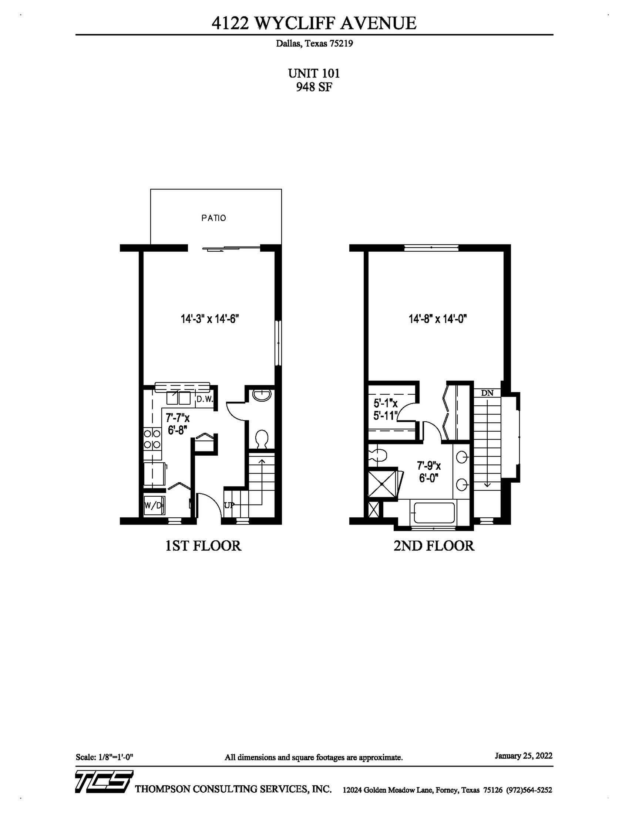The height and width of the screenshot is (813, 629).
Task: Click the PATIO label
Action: [213, 218]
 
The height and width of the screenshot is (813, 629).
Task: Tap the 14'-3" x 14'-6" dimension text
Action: [210, 319]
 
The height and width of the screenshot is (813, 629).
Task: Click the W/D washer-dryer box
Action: [154, 506]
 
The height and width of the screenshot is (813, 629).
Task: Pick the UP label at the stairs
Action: [229, 505]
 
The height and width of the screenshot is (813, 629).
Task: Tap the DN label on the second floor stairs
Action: [487, 393]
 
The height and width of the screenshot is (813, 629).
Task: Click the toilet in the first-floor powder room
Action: [262, 439]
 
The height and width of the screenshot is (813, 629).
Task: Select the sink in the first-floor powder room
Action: [262, 395]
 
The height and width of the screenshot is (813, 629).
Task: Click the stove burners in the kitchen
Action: [152, 439]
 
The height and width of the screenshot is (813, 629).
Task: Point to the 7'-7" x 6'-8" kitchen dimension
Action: [178, 424]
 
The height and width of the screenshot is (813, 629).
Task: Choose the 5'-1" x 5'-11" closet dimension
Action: [386, 409]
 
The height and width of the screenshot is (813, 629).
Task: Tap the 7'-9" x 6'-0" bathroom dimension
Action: [429, 471]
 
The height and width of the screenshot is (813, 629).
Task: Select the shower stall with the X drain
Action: [383, 484]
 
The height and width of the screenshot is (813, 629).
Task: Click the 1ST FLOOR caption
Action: [203, 546]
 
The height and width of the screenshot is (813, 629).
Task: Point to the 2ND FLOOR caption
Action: [434, 546]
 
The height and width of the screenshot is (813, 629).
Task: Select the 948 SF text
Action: [314, 87]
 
